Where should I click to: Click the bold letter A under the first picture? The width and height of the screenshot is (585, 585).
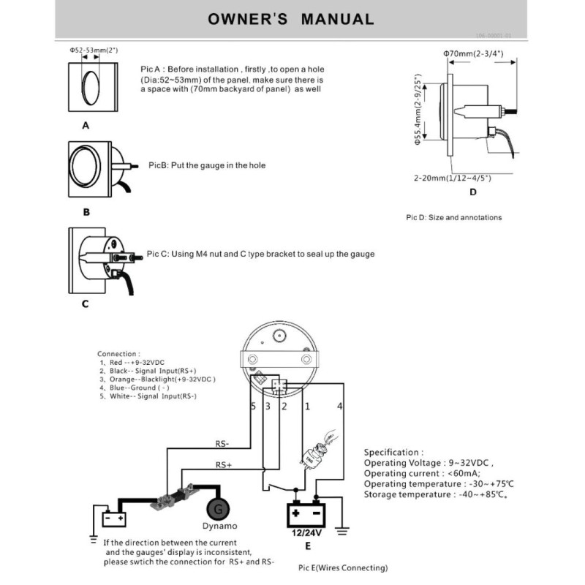[x=86, y=125]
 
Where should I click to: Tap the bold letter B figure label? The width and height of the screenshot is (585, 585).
[x=86, y=212]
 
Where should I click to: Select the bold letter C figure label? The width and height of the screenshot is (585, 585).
[x=85, y=303]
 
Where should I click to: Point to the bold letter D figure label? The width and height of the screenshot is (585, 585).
[x=472, y=192]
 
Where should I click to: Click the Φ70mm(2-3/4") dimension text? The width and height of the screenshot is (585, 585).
[x=473, y=54]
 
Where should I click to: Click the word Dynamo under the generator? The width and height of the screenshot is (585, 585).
[x=217, y=526]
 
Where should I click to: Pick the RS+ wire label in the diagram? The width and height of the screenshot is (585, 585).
[x=224, y=464]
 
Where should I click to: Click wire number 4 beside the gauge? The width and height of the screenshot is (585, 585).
[x=339, y=404]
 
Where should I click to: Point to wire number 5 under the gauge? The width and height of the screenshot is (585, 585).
[x=253, y=405]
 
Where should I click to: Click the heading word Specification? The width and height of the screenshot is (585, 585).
[x=393, y=453]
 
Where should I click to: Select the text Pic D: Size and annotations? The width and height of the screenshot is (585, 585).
[x=453, y=217]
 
